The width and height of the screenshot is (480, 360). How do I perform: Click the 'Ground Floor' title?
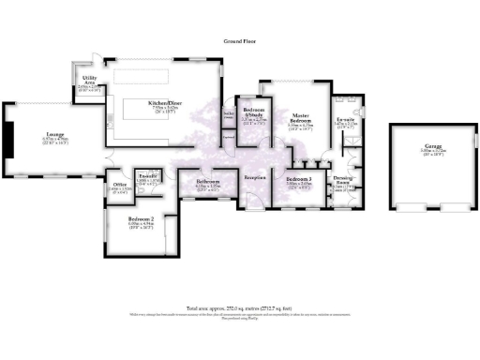(x=240, y=42)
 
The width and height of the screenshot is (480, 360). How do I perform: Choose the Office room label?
(x=119, y=186)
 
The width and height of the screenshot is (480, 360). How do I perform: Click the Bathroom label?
(x=207, y=182)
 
